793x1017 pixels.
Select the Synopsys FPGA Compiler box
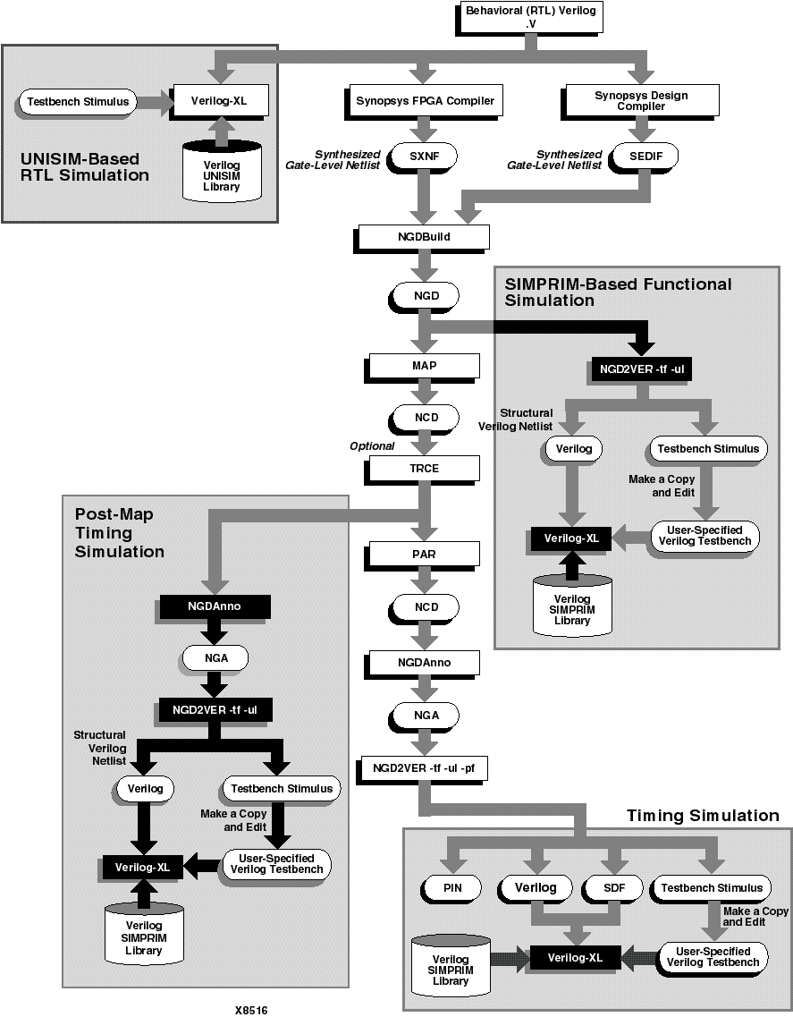point(420,100)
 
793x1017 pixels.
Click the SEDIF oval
point(645,157)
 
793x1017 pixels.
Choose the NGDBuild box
point(423,237)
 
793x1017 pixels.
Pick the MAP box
point(424,366)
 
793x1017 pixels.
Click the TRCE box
point(424,468)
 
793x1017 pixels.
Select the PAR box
point(424,555)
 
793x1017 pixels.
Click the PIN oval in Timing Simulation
point(451,887)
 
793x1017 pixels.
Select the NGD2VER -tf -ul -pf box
point(423,767)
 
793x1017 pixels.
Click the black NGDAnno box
point(215,606)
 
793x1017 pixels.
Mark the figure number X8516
point(251,1010)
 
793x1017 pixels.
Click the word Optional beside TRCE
point(372,445)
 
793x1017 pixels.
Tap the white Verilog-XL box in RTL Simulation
point(218,101)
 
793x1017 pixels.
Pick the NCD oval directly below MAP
point(424,419)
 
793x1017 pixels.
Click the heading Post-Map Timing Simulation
point(119,533)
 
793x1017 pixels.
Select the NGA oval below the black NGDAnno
point(215,658)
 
